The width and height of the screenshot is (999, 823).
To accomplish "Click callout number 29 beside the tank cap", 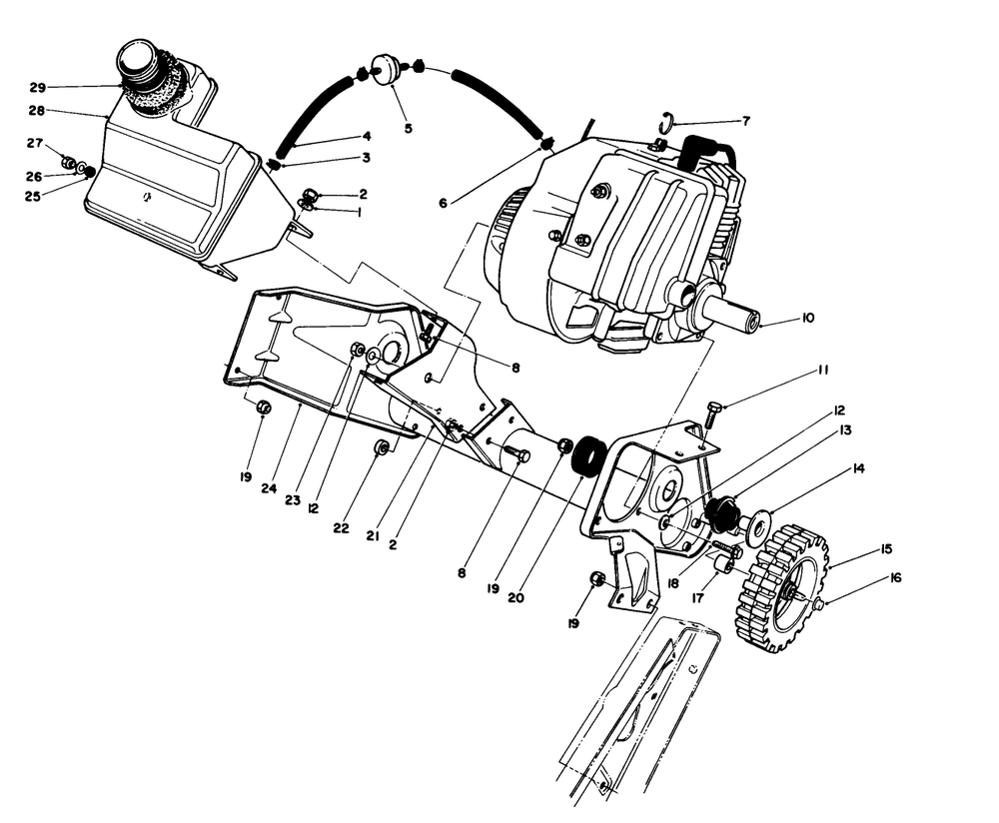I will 36,87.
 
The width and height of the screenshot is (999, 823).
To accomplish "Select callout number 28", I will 36,110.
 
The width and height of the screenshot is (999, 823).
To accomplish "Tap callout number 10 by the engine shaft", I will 807,318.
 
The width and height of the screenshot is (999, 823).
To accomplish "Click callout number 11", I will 823,370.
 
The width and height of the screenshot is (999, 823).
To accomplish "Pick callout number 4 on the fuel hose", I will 367,136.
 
